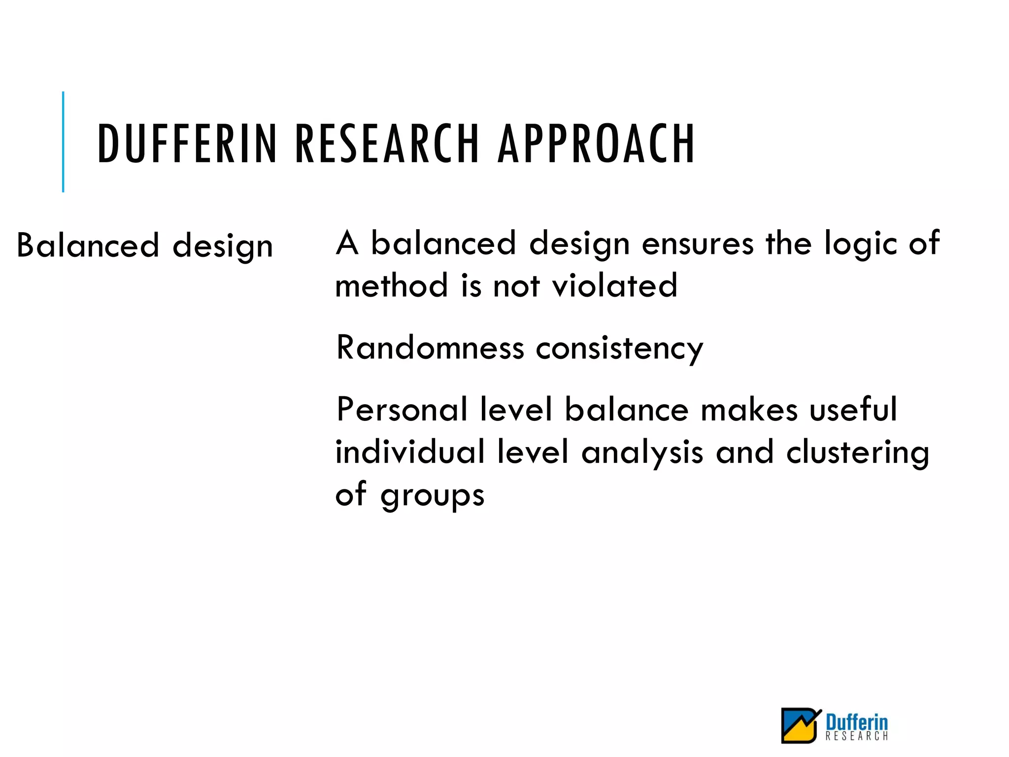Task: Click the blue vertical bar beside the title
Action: click(63, 142)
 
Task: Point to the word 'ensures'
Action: click(698, 244)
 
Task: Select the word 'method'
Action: click(392, 286)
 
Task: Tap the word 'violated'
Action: click(614, 286)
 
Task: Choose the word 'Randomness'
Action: click(430, 348)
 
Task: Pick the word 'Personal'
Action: click(402, 410)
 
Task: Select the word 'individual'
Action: click(410, 452)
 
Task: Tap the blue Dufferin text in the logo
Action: click(857, 722)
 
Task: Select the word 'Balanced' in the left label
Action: click(88, 245)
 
